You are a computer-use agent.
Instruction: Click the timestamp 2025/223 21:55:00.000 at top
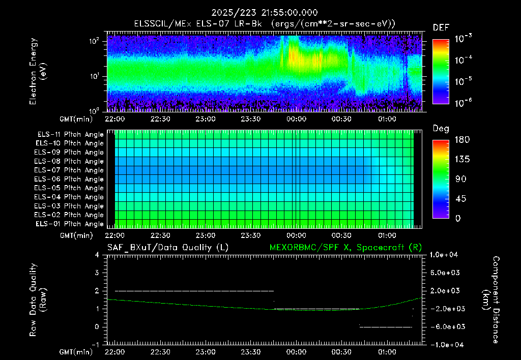265,13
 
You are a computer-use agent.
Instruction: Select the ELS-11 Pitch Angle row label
70,135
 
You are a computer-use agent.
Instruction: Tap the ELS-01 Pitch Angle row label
69,224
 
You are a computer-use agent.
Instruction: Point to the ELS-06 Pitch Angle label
69,179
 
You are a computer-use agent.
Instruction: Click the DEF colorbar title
441,27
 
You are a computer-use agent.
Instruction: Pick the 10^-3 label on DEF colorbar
463,38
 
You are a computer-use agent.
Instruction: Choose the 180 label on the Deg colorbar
462,139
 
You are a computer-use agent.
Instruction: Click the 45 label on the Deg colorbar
460,199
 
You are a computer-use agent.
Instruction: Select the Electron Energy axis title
38,71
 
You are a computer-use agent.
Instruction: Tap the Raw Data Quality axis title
38,299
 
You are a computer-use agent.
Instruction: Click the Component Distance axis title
491,299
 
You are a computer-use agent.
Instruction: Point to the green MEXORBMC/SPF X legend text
345,248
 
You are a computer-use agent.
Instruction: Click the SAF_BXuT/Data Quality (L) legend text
168,248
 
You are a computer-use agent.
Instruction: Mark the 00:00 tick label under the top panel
296,119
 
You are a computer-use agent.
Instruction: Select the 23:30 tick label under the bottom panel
250,352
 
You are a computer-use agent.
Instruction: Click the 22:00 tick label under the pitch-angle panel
114,235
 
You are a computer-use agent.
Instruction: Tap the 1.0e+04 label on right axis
444,255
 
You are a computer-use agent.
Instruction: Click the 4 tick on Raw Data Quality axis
97,255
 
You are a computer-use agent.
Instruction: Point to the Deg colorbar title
441,129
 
